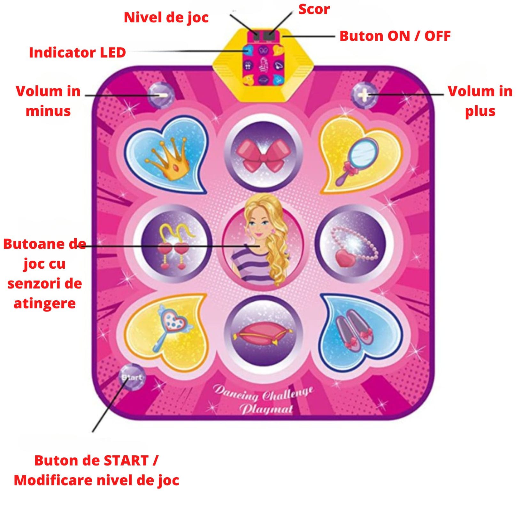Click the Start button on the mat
coord(132,377)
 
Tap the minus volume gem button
coord(161,95)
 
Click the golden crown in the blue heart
coord(169,158)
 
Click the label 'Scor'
coord(314,9)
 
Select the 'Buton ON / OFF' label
coord(395,36)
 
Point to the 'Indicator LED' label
coord(77,53)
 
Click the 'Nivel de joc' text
coord(166,18)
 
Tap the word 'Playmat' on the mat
coord(266,409)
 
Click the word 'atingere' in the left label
coord(45,303)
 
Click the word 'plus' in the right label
coord(480,111)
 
